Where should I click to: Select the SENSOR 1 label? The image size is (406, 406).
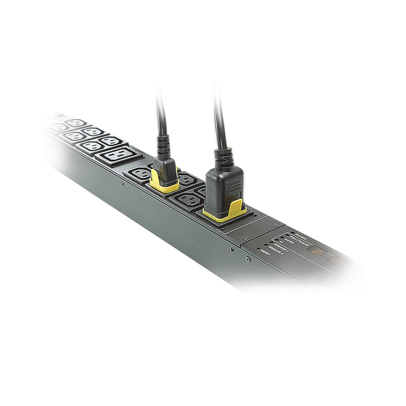[x=282, y=247]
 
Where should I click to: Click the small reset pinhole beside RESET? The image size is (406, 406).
[x=258, y=250]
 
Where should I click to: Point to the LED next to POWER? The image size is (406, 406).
[x=292, y=233]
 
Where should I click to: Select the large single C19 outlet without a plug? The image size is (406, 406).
[x=118, y=154]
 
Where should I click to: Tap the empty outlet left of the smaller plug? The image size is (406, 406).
[x=139, y=173]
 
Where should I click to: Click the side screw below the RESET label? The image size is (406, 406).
[x=248, y=260]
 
